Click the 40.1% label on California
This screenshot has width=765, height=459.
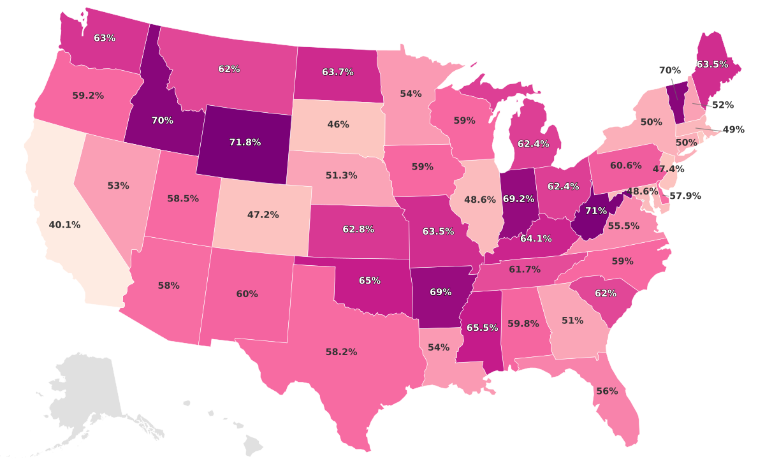pos(64,225)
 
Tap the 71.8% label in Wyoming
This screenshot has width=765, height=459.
pos(245,142)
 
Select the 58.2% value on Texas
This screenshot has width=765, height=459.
pos(341,351)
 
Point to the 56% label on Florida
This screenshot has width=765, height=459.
pos(606,391)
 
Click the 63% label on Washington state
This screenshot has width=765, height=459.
pos(105,38)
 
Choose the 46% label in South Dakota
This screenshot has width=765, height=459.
pos(338,124)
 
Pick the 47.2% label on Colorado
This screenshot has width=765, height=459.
pos(263,215)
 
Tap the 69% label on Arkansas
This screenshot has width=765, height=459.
pos(441,292)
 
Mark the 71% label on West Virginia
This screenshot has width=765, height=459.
pos(596,211)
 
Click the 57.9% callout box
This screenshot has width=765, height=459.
pos(685,196)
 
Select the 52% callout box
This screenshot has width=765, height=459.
pos(722,105)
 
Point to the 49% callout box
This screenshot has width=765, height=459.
pos(734,129)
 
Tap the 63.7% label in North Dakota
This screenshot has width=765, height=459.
pos(338,72)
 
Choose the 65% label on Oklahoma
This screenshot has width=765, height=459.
pos(370,280)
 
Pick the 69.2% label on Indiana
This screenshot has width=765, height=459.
pos(518,198)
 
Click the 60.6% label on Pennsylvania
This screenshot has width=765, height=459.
pos(625,165)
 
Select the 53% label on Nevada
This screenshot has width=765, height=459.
pos(118,186)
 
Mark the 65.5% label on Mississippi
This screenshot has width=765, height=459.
pos(482,328)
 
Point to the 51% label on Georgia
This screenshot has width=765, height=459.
pos(572,320)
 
